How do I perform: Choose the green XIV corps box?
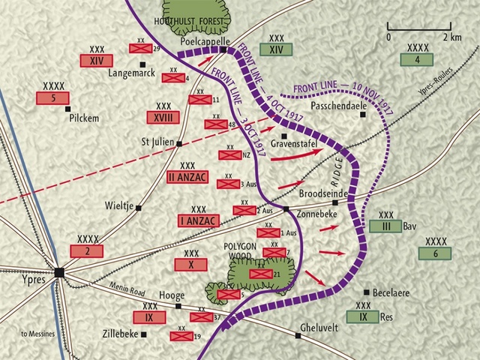click(x=276, y=49)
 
